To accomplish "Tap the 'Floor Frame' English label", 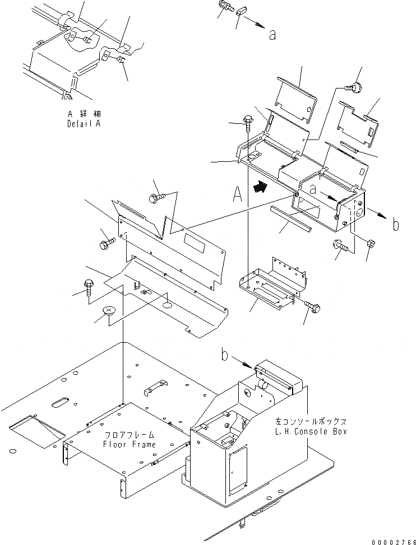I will [x=130, y=444].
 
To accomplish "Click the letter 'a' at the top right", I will [x=272, y=35].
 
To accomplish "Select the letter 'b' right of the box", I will [x=395, y=226].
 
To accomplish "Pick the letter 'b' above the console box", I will [x=225, y=356].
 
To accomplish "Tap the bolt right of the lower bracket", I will [x=315, y=306].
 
